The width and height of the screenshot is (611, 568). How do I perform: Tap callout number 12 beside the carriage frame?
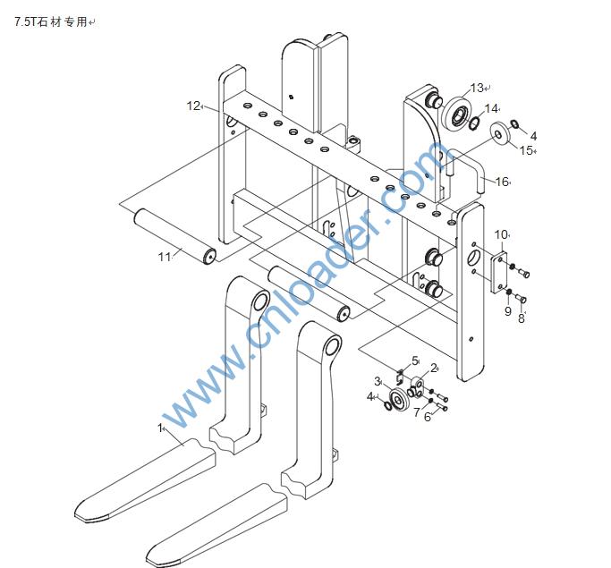point(192,106)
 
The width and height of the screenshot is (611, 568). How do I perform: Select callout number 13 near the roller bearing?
point(476,88)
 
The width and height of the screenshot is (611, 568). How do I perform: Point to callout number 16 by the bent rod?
point(501,182)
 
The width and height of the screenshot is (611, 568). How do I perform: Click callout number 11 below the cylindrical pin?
point(164,258)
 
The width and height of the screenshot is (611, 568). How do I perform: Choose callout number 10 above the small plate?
point(501,234)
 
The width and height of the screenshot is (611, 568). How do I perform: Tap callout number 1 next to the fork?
point(161,428)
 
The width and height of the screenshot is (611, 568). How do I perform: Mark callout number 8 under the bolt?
point(522,318)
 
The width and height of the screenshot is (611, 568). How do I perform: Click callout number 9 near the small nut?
point(507,311)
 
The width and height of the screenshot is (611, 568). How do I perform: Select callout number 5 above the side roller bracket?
point(415,360)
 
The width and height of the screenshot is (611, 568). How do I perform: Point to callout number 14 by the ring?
point(491,108)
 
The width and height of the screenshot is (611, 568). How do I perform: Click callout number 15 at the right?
point(526,149)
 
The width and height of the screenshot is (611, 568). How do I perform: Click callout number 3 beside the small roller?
point(378,382)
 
